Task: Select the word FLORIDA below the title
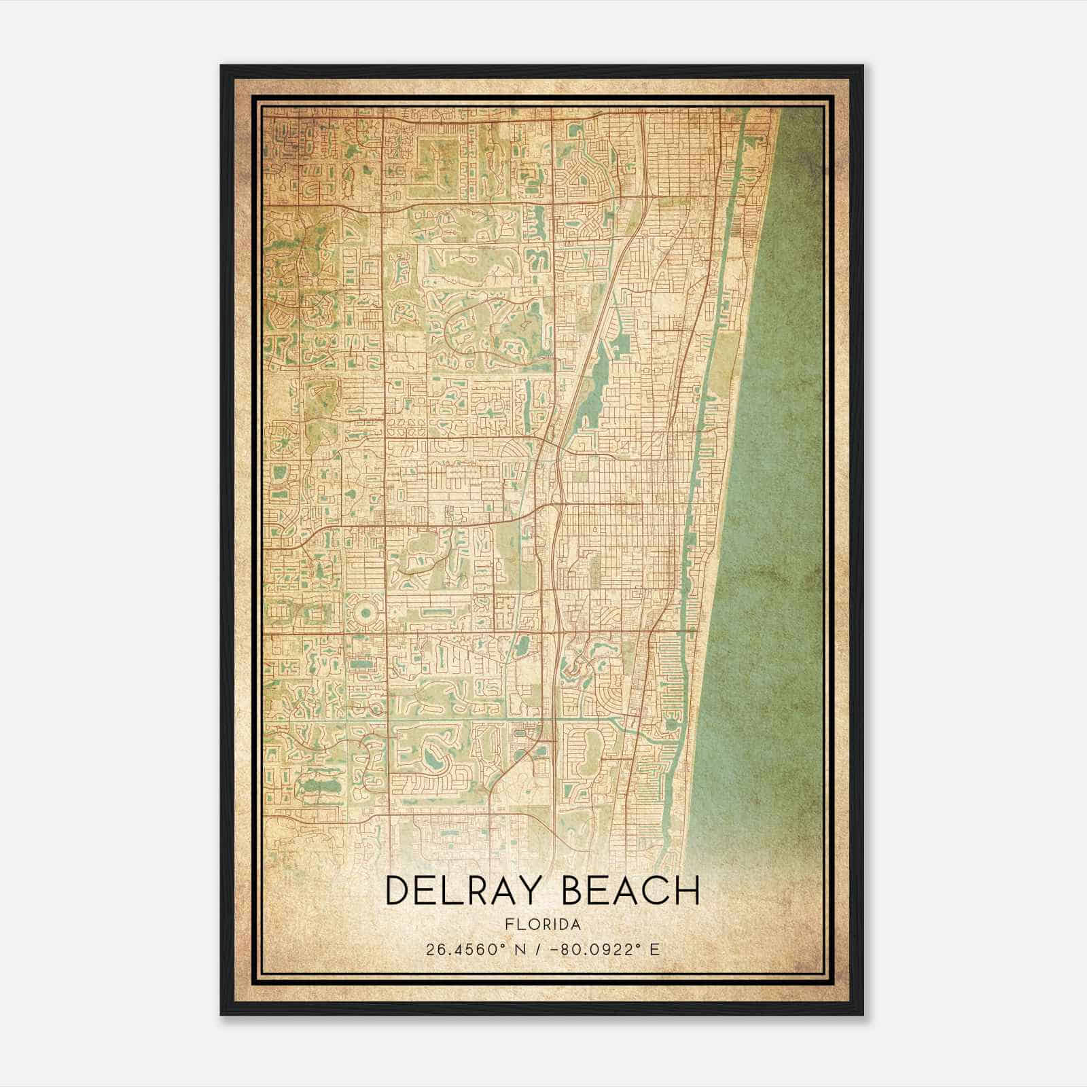pyautogui.click(x=543, y=925)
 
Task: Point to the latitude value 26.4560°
pyautogui.click(x=462, y=949)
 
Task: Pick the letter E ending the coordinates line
pyautogui.click(x=655, y=949)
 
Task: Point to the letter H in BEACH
pyautogui.click(x=687, y=891)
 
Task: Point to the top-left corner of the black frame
pyautogui.click(x=221, y=66)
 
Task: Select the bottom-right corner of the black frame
pyautogui.click(x=862, y=1014)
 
